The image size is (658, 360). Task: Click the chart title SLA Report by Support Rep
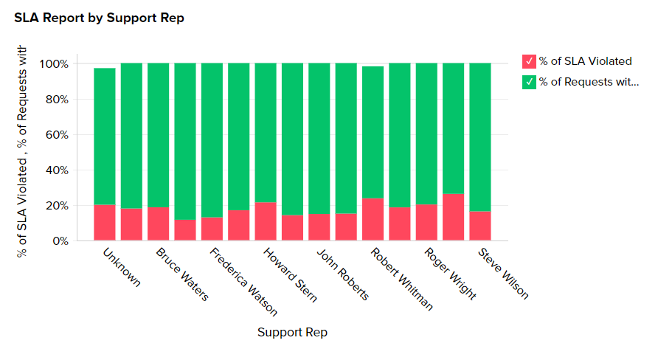click(x=99, y=18)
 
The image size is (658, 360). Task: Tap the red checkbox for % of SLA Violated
click(x=529, y=61)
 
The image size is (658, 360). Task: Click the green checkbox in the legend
click(x=529, y=82)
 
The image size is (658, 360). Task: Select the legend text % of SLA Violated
click(x=585, y=61)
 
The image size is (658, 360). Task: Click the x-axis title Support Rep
click(x=292, y=333)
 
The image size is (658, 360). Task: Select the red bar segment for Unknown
click(x=105, y=222)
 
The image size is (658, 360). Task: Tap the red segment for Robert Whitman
click(x=373, y=219)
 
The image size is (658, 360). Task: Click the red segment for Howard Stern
click(x=266, y=221)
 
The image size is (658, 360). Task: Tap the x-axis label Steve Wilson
click(x=503, y=273)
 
